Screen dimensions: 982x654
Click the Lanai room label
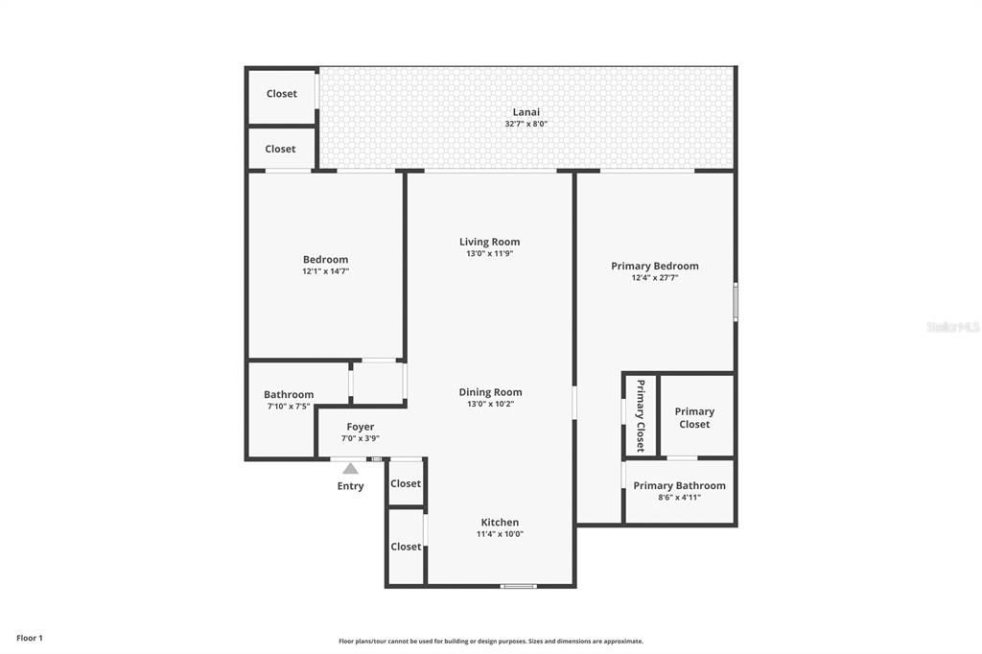pos(526,112)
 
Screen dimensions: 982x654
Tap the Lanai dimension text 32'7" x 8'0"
pos(526,124)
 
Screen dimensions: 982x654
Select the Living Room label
pos(489,242)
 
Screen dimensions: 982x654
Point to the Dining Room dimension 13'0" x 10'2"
pos(490,404)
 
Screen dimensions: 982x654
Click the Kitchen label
pos(500,523)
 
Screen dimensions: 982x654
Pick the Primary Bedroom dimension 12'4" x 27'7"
pos(655,277)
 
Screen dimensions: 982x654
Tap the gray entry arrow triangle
pos(350,468)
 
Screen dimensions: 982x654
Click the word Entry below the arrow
pos(350,486)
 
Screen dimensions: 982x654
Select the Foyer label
pos(361,428)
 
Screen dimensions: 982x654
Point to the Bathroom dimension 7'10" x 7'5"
pos(289,407)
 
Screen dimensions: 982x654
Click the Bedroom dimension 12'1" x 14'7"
pos(326,271)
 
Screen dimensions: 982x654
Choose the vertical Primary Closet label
pos(640,415)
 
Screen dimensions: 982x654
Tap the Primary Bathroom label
pos(680,485)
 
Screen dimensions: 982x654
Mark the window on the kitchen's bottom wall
pos(519,586)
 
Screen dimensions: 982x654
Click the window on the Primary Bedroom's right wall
pos(736,302)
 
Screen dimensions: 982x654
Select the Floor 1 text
pos(30,639)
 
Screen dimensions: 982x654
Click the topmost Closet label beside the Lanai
pos(282,94)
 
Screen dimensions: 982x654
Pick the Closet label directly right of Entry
pos(406,483)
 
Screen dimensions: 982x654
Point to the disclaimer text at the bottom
pos(491,642)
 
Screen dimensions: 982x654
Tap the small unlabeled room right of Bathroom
pos(378,383)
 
